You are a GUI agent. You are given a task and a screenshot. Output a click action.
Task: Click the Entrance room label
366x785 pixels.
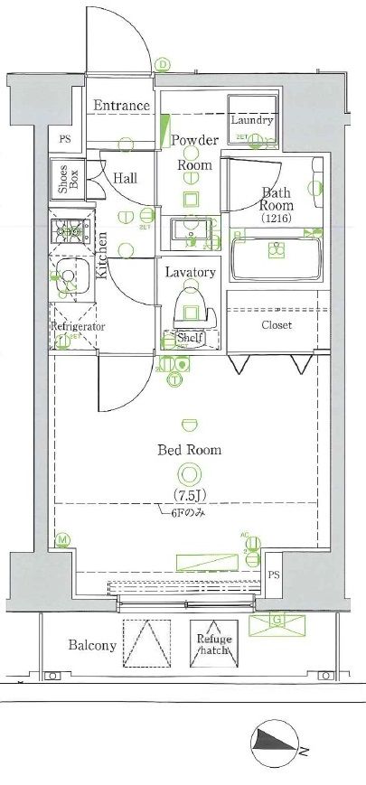click(x=122, y=106)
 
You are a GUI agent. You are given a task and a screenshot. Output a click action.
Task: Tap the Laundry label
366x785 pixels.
click(x=250, y=120)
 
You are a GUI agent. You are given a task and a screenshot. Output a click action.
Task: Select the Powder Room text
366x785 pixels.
click(x=194, y=153)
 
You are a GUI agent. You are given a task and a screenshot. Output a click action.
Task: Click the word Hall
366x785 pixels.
click(x=126, y=178)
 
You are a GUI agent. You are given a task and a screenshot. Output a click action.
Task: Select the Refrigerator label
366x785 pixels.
click(x=78, y=326)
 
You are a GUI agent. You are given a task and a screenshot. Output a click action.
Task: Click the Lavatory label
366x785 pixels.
click(x=190, y=272)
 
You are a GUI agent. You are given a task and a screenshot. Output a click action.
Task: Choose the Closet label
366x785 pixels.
click(x=277, y=324)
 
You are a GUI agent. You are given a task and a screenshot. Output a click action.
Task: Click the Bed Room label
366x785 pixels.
click(x=189, y=449)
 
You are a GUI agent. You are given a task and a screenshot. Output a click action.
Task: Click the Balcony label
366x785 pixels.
click(x=92, y=645)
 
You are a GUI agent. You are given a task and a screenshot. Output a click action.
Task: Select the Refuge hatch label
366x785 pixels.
click(x=214, y=644)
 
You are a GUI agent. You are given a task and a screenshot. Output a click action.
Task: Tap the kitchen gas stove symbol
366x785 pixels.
click(x=67, y=234)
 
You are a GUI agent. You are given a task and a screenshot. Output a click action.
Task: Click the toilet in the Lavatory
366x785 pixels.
click(x=192, y=305)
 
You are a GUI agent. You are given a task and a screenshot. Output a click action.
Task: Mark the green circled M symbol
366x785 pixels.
click(x=62, y=540)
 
